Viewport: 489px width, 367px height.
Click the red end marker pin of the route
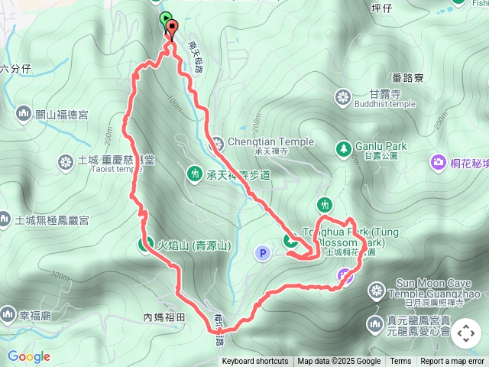(171, 29)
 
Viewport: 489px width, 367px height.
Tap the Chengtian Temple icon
(217, 142)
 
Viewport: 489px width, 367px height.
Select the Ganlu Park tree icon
(342, 147)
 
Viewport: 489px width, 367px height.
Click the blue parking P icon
(262, 252)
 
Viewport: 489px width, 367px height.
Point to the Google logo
(29, 356)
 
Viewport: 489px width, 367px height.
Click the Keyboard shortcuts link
(255, 362)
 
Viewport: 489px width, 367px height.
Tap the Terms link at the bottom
(400, 362)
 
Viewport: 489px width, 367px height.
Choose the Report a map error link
(452, 362)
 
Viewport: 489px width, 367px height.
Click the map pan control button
(465, 334)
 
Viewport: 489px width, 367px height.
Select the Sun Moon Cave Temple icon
(375, 290)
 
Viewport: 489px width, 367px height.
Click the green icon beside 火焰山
(144, 245)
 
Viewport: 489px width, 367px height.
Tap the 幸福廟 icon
(8, 313)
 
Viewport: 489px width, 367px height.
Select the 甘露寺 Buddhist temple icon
(342, 97)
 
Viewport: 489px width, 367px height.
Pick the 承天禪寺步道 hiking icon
(194, 175)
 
